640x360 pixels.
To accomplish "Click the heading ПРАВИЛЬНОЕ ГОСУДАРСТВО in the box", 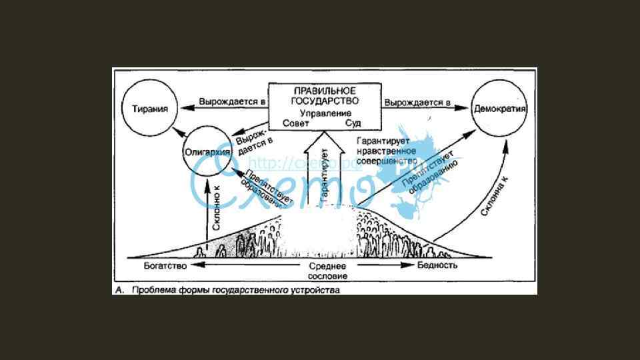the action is [x=325, y=95].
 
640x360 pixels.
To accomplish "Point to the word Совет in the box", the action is [x=296, y=124].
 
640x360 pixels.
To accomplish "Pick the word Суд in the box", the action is [x=353, y=124].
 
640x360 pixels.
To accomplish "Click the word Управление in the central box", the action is [x=325, y=113].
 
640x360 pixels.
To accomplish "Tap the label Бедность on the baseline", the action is [x=437, y=265].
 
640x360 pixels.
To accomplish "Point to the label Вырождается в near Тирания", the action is [x=231, y=102].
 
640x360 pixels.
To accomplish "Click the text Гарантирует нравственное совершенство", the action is [x=387, y=151].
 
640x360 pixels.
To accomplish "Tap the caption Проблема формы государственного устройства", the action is [x=235, y=291].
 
